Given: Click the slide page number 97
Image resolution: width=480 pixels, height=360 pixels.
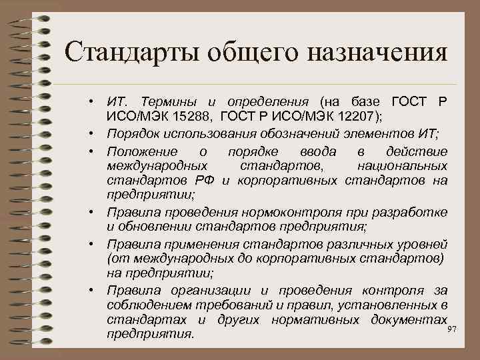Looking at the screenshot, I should coord(453,330).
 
